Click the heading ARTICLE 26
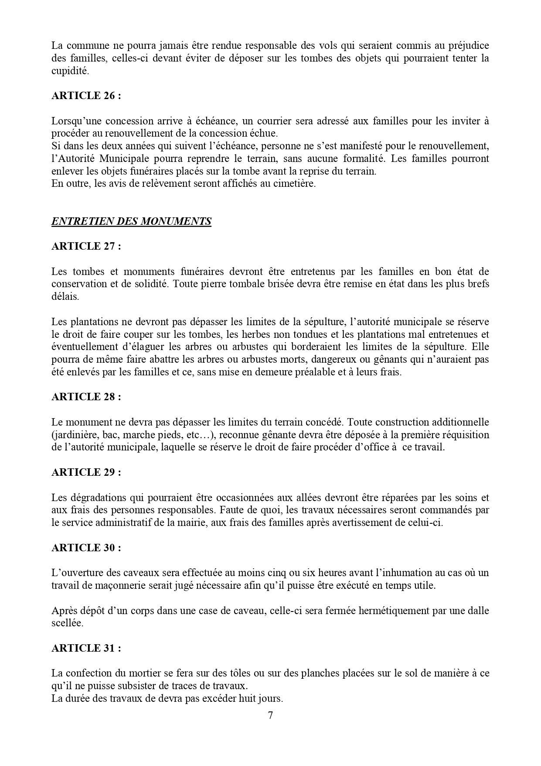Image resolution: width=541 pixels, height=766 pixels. coord(86,96)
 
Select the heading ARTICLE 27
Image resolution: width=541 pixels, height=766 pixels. coord(86,246)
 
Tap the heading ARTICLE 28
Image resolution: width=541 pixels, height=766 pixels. coord(86,397)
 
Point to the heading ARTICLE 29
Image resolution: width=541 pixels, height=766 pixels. coord(86,472)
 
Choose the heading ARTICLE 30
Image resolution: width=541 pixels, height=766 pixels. coord(86,548)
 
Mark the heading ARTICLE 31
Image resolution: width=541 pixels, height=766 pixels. coord(86,648)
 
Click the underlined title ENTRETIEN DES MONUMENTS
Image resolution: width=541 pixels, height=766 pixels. coord(131,221)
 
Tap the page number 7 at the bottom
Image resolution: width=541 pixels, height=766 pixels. coord(270,715)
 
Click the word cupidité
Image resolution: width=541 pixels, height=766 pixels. coord(70,71)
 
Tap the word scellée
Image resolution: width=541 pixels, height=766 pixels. coord(67,623)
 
